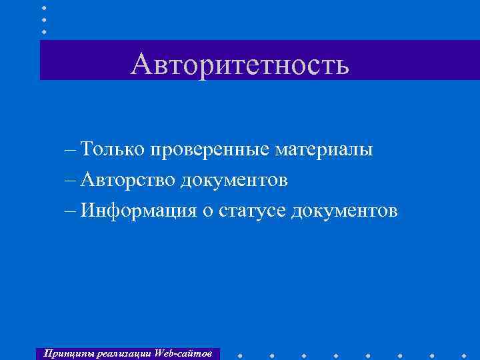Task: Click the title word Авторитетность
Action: (x=240, y=64)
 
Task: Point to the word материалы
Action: (x=324, y=149)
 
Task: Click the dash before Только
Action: (x=71, y=150)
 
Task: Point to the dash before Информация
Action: (x=71, y=211)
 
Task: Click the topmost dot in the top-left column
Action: (x=44, y=7)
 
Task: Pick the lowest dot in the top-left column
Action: (x=44, y=31)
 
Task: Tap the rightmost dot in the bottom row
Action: (x=463, y=354)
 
